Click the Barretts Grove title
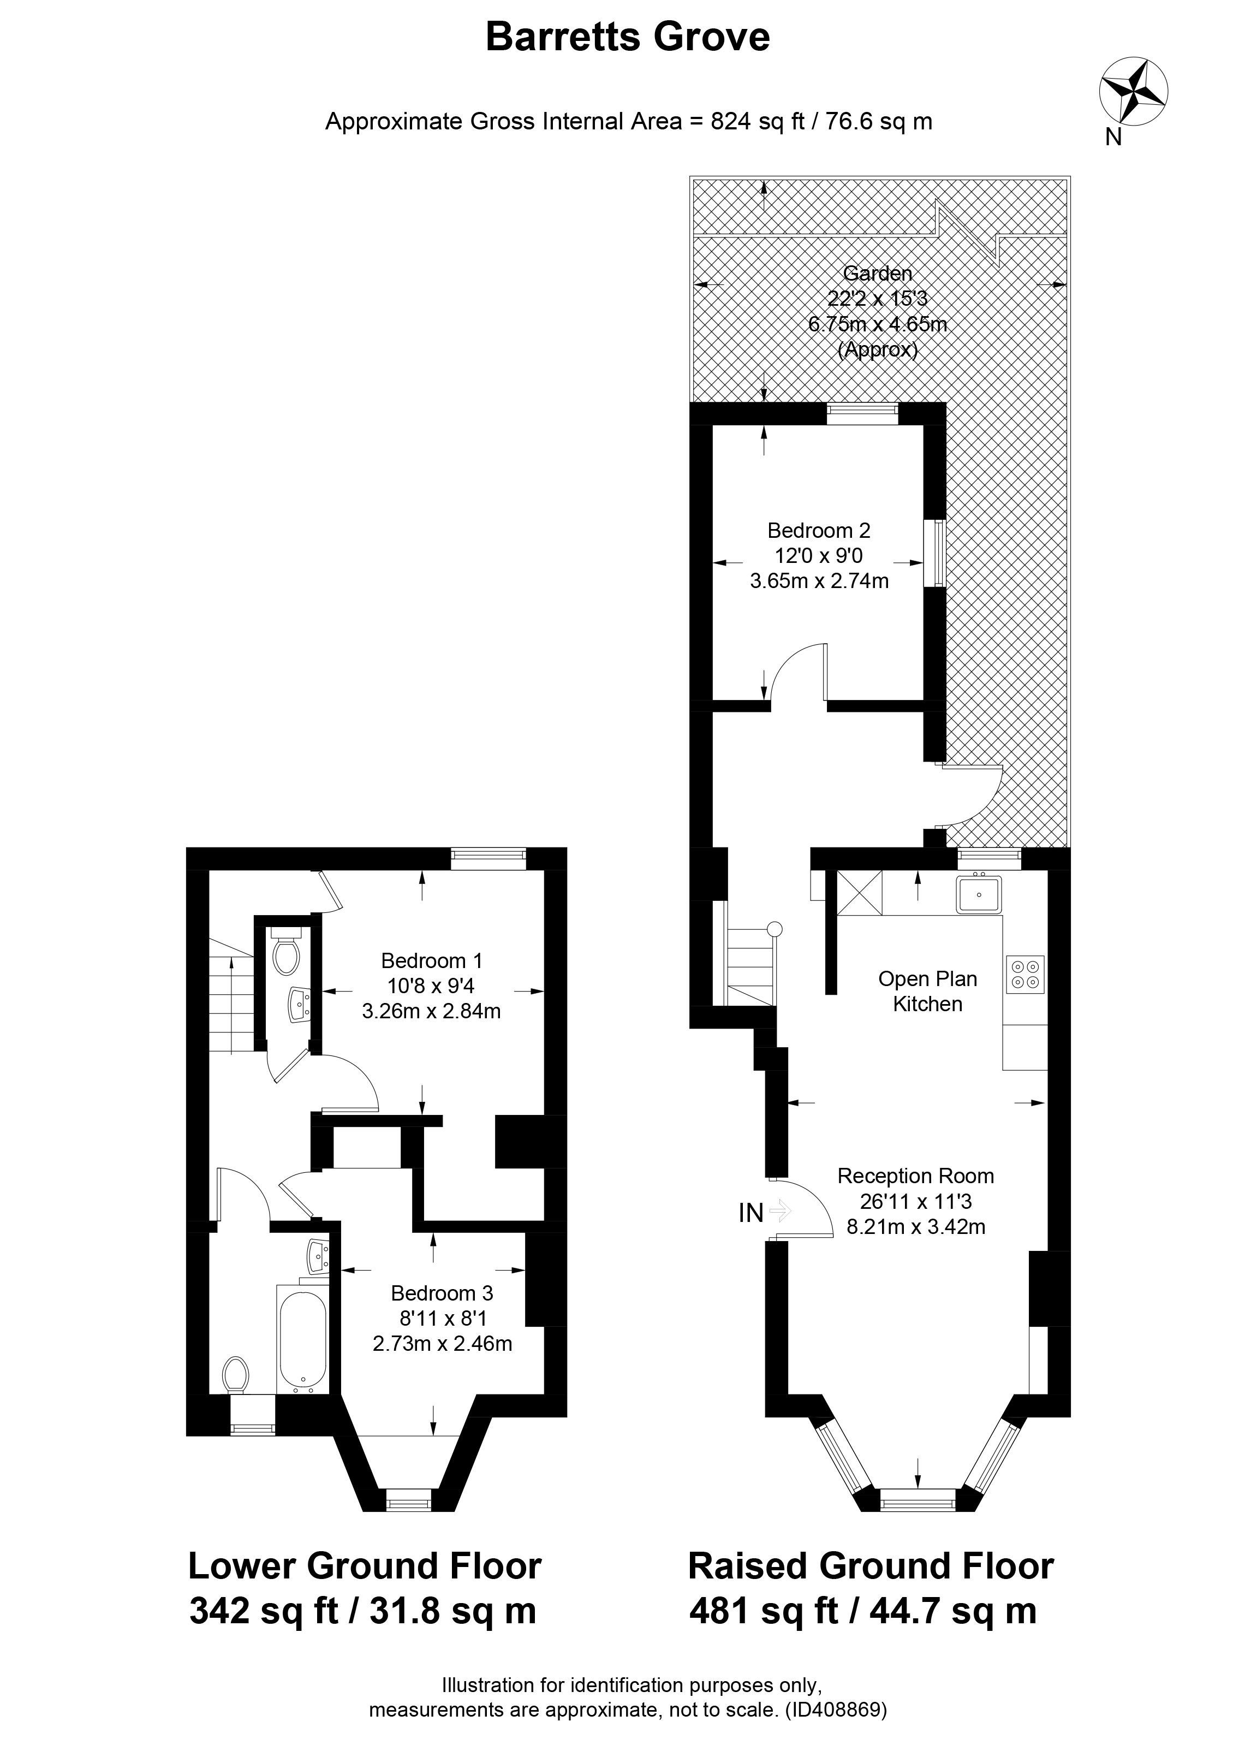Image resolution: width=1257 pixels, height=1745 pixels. click(627, 37)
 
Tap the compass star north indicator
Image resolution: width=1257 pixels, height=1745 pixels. click(1133, 92)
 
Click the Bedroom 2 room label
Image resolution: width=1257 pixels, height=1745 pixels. click(819, 530)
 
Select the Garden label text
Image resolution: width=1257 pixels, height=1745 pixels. click(877, 273)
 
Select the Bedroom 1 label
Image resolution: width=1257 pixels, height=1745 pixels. click(432, 960)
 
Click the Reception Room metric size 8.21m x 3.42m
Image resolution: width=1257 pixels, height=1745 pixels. click(915, 1226)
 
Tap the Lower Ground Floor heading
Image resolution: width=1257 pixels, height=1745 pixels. click(365, 1566)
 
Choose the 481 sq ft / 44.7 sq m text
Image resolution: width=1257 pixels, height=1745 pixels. click(862, 1610)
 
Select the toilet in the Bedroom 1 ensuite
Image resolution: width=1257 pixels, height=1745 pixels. click(285, 957)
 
